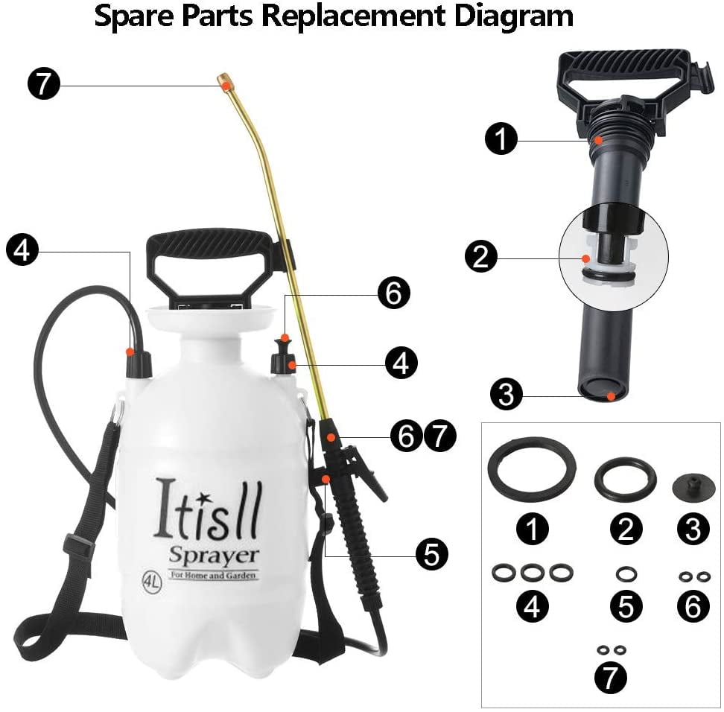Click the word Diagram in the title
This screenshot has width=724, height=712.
click(x=513, y=16)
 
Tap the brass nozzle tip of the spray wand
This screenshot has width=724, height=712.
click(x=224, y=80)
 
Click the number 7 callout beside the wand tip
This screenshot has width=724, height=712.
click(x=43, y=83)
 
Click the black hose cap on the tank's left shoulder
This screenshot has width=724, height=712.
click(x=139, y=363)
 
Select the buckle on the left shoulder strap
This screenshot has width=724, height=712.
click(x=78, y=546)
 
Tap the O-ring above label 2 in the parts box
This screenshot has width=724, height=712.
click(x=626, y=479)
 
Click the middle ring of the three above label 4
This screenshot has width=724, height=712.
click(x=533, y=573)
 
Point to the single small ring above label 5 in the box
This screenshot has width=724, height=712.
click(x=626, y=574)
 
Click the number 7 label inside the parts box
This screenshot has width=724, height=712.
click(x=611, y=677)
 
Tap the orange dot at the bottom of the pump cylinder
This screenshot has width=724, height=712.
click(x=611, y=395)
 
